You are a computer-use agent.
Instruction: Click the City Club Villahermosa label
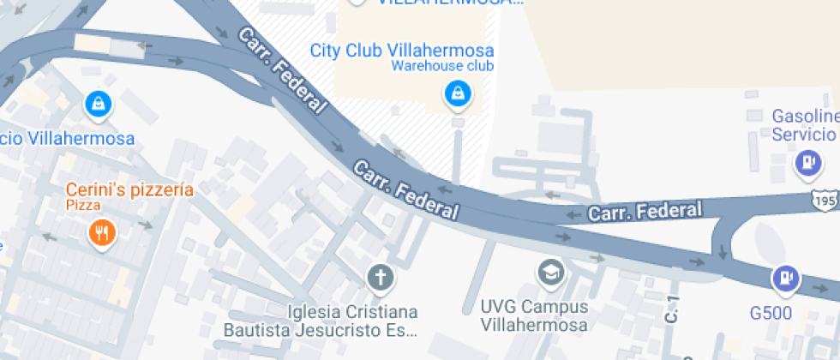401,49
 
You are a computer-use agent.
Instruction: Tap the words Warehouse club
442,66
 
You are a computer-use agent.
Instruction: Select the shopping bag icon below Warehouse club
458,94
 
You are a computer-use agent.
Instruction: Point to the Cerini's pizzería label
129,189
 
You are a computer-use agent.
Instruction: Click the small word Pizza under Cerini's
84,206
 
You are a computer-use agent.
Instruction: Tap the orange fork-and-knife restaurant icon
101,231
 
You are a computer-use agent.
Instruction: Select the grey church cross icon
379,278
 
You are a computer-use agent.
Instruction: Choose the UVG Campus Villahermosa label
534,315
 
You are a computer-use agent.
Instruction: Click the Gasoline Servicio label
805,125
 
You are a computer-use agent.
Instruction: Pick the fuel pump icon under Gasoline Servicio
807,163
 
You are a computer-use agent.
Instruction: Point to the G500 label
770,313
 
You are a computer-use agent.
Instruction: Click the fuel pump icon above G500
784,279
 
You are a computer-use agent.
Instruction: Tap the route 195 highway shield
825,199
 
